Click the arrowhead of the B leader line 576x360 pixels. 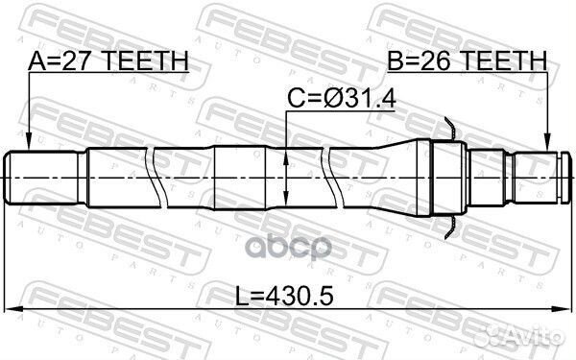tap(548, 147)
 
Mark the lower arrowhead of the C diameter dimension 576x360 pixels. tap(288, 201)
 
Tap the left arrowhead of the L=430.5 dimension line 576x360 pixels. tap(12, 308)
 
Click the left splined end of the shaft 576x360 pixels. tap(43, 176)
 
